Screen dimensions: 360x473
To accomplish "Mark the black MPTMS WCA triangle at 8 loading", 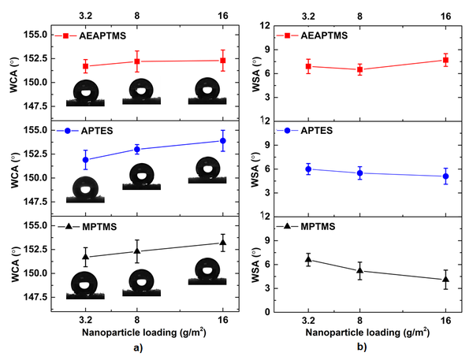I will [x=137, y=251].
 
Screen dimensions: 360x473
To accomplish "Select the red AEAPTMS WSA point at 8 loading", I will [x=359, y=69].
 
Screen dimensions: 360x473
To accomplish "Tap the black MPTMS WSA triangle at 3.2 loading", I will [x=308, y=259].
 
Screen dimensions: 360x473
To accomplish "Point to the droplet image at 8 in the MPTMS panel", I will [x=140, y=283].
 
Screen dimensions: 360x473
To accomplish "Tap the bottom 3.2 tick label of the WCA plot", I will [x=86, y=320].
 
